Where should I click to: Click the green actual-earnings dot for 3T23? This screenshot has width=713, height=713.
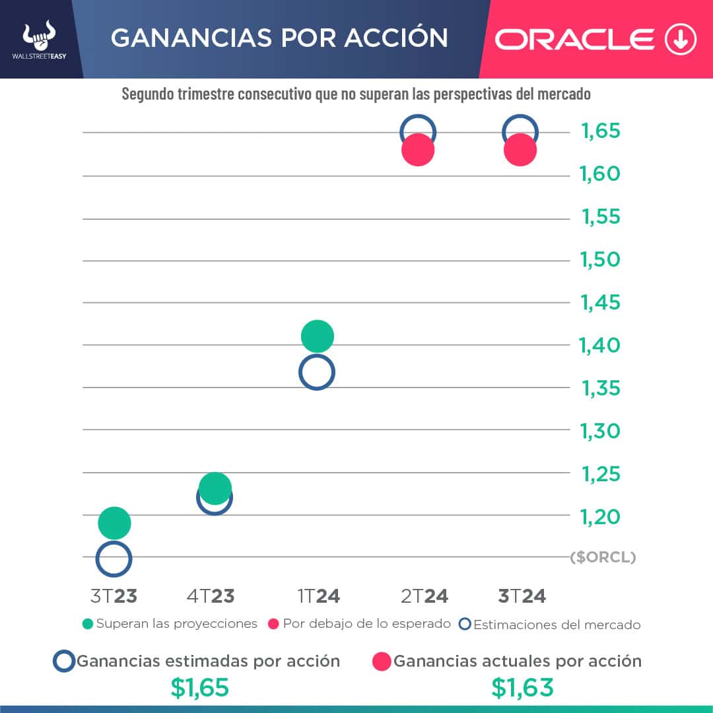tap(114, 523)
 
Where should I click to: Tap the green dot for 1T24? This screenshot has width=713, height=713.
tap(318, 336)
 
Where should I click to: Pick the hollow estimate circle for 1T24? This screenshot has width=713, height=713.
tap(317, 372)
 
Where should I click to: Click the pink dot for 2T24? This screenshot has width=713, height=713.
tap(418, 150)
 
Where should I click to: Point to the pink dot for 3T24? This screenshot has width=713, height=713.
tap(520, 150)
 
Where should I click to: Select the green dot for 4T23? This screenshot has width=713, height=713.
tap(215, 488)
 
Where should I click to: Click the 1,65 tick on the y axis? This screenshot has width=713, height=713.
tap(601, 131)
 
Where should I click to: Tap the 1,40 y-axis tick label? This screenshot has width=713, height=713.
tap(601, 345)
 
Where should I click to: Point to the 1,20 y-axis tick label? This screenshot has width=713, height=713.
tap(601, 516)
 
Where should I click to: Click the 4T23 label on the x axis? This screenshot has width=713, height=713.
tap(211, 596)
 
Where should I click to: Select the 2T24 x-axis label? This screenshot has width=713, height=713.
tap(424, 596)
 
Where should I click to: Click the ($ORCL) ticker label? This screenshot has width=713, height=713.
tap(603, 558)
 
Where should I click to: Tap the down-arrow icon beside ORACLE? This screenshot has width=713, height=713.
tap(681, 40)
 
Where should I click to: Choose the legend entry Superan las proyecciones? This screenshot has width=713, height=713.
tap(170, 624)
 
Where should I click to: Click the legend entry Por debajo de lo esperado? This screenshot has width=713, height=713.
tap(360, 624)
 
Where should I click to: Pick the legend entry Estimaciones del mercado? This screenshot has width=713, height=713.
tap(550, 625)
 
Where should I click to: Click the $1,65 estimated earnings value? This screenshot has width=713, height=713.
tap(199, 688)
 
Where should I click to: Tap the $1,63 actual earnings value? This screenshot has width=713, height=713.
tap(522, 688)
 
